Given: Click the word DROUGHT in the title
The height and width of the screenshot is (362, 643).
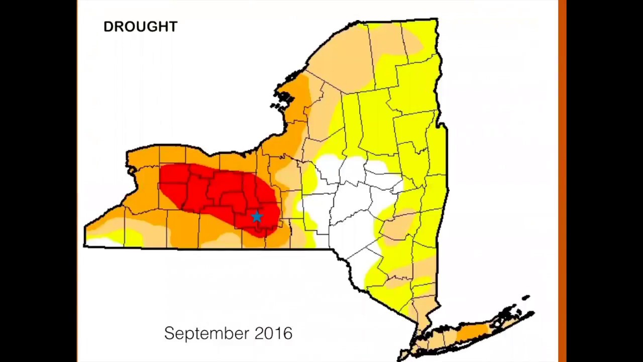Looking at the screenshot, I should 140,27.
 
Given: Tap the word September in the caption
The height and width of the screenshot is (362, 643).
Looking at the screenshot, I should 206,333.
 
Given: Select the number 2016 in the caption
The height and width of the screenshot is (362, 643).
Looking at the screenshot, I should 273,333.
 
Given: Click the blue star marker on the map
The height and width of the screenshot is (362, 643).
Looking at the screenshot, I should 257,216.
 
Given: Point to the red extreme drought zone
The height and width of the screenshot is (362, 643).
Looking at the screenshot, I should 216,191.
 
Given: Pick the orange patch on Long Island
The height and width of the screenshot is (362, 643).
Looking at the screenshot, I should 472,331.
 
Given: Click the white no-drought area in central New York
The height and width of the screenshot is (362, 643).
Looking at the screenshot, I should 352,201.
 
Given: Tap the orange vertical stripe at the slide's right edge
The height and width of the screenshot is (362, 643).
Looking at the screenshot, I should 562,181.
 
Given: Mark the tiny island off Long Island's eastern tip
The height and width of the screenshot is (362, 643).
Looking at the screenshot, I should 526,298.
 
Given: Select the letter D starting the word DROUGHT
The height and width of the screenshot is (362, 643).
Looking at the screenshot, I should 108,27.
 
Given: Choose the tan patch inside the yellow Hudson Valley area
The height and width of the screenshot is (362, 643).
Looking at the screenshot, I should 399,226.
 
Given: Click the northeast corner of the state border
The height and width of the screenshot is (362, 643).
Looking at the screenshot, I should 437,21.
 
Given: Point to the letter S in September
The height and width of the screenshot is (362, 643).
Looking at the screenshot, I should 169,333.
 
